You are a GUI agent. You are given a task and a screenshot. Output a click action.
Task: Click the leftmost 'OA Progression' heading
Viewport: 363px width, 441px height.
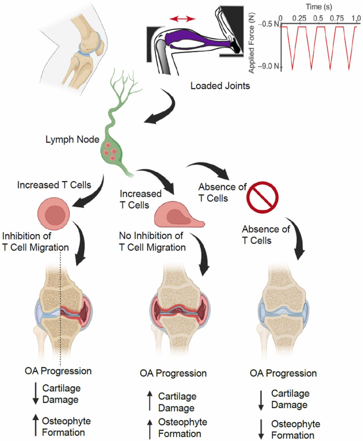[58, 371]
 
